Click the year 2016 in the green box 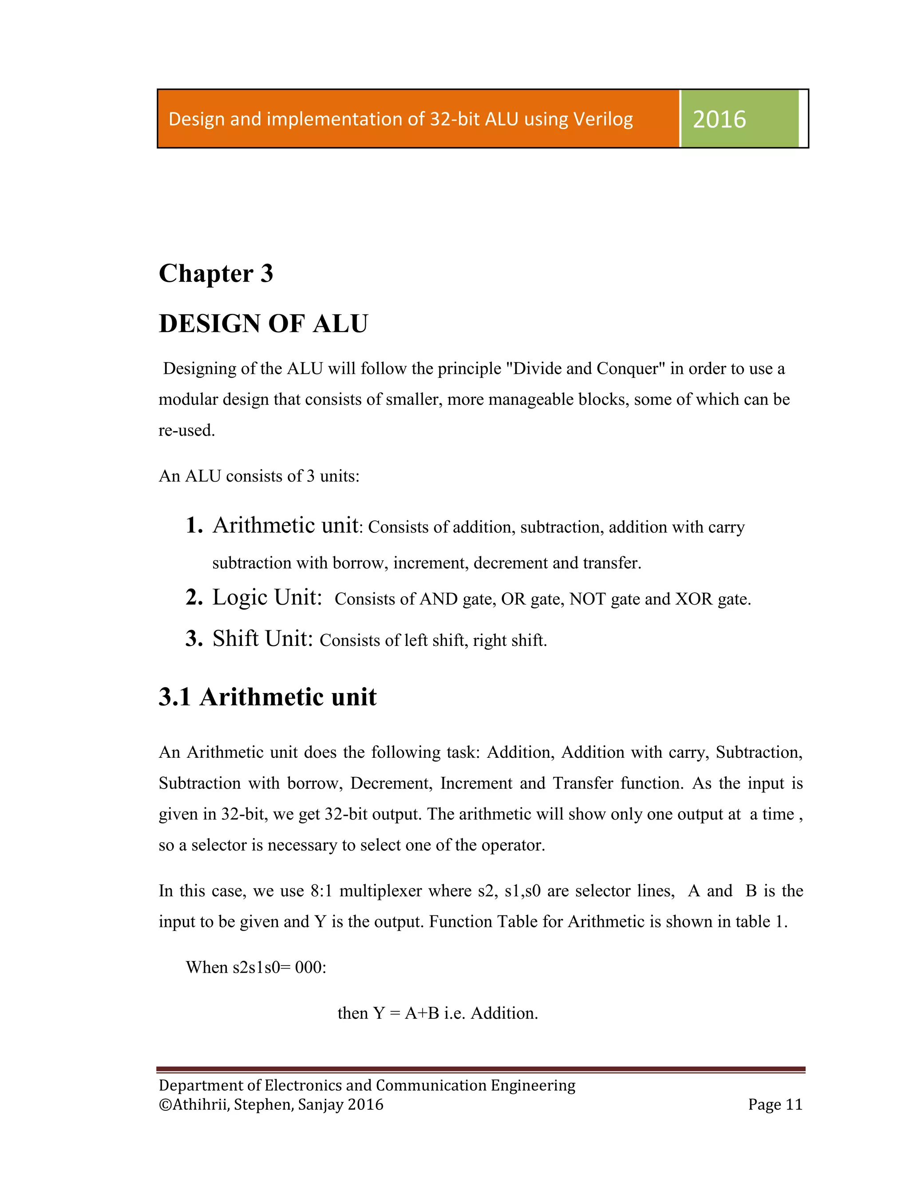point(719,119)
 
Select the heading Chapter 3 point(216,273)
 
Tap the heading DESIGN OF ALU point(264,324)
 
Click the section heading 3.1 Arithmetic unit point(267,697)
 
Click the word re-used point(187,430)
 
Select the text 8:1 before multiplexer point(321,891)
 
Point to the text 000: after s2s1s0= point(311,967)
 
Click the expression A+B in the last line point(422,1013)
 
